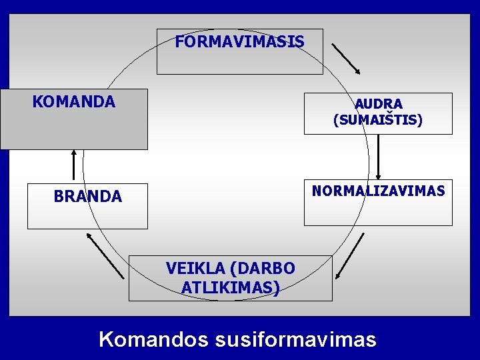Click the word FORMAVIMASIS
coord(239,43)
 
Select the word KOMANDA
coord(74,102)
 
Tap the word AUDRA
coord(378,104)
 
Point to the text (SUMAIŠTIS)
coord(378,121)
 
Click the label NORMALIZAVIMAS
coord(378,191)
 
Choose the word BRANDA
coord(87,197)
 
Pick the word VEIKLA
coord(195,269)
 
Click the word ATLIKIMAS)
coord(230,288)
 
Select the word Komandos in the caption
coord(153,339)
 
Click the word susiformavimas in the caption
coord(296,339)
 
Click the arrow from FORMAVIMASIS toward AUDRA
coord(346,59)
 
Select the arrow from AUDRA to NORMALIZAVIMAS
coord(378,157)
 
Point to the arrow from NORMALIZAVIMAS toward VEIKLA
coord(351,256)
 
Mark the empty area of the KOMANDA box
coord(74,130)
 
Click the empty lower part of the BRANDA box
coord(87,217)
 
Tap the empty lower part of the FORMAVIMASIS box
coord(239,62)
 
